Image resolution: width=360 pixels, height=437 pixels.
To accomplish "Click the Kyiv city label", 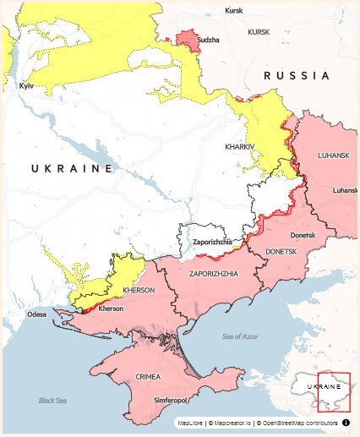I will [x=25, y=86].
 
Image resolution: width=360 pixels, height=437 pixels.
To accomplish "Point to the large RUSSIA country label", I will [x=297, y=76].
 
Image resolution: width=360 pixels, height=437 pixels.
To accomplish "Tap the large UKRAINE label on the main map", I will [x=72, y=169].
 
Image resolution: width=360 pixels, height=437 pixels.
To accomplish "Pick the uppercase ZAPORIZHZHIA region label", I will [x=214, y=274].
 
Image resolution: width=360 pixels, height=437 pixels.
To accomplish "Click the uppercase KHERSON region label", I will [x=139, y=290].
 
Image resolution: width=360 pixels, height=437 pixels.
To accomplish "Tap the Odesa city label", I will [x=37, y=314].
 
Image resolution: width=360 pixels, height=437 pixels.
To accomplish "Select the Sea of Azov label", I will [x=239, y=337].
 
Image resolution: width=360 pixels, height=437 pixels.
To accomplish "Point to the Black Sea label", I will [x=52, y=400].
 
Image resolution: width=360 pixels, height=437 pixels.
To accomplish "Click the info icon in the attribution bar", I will [x=346, y=421].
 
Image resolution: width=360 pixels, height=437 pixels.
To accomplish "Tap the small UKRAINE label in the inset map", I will [x=326, y=385].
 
